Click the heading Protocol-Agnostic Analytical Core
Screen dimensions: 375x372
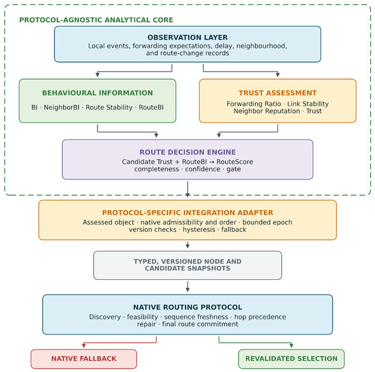96,20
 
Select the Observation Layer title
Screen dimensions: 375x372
187,38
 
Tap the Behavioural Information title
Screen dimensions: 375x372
97,93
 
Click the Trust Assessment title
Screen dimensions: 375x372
277,93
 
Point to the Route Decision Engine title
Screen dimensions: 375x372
187,152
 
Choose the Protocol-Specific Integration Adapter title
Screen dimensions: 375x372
187,212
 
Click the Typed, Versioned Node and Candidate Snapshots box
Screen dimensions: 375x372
187,266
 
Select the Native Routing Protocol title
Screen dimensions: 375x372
187,307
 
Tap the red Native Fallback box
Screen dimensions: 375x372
84,359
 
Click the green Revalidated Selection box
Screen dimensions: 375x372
291,359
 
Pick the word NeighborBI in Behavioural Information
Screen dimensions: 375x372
61,107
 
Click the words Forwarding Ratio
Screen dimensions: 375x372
254,104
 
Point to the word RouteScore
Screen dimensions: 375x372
235,162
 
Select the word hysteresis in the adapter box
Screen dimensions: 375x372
199,229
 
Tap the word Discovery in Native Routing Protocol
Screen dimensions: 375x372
105,317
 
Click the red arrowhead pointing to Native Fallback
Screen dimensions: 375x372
84,345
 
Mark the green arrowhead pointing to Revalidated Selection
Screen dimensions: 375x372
291,345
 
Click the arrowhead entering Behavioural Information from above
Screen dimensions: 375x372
97,74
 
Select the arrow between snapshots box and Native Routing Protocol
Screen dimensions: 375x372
187,287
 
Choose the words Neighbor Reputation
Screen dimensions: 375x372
267,111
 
